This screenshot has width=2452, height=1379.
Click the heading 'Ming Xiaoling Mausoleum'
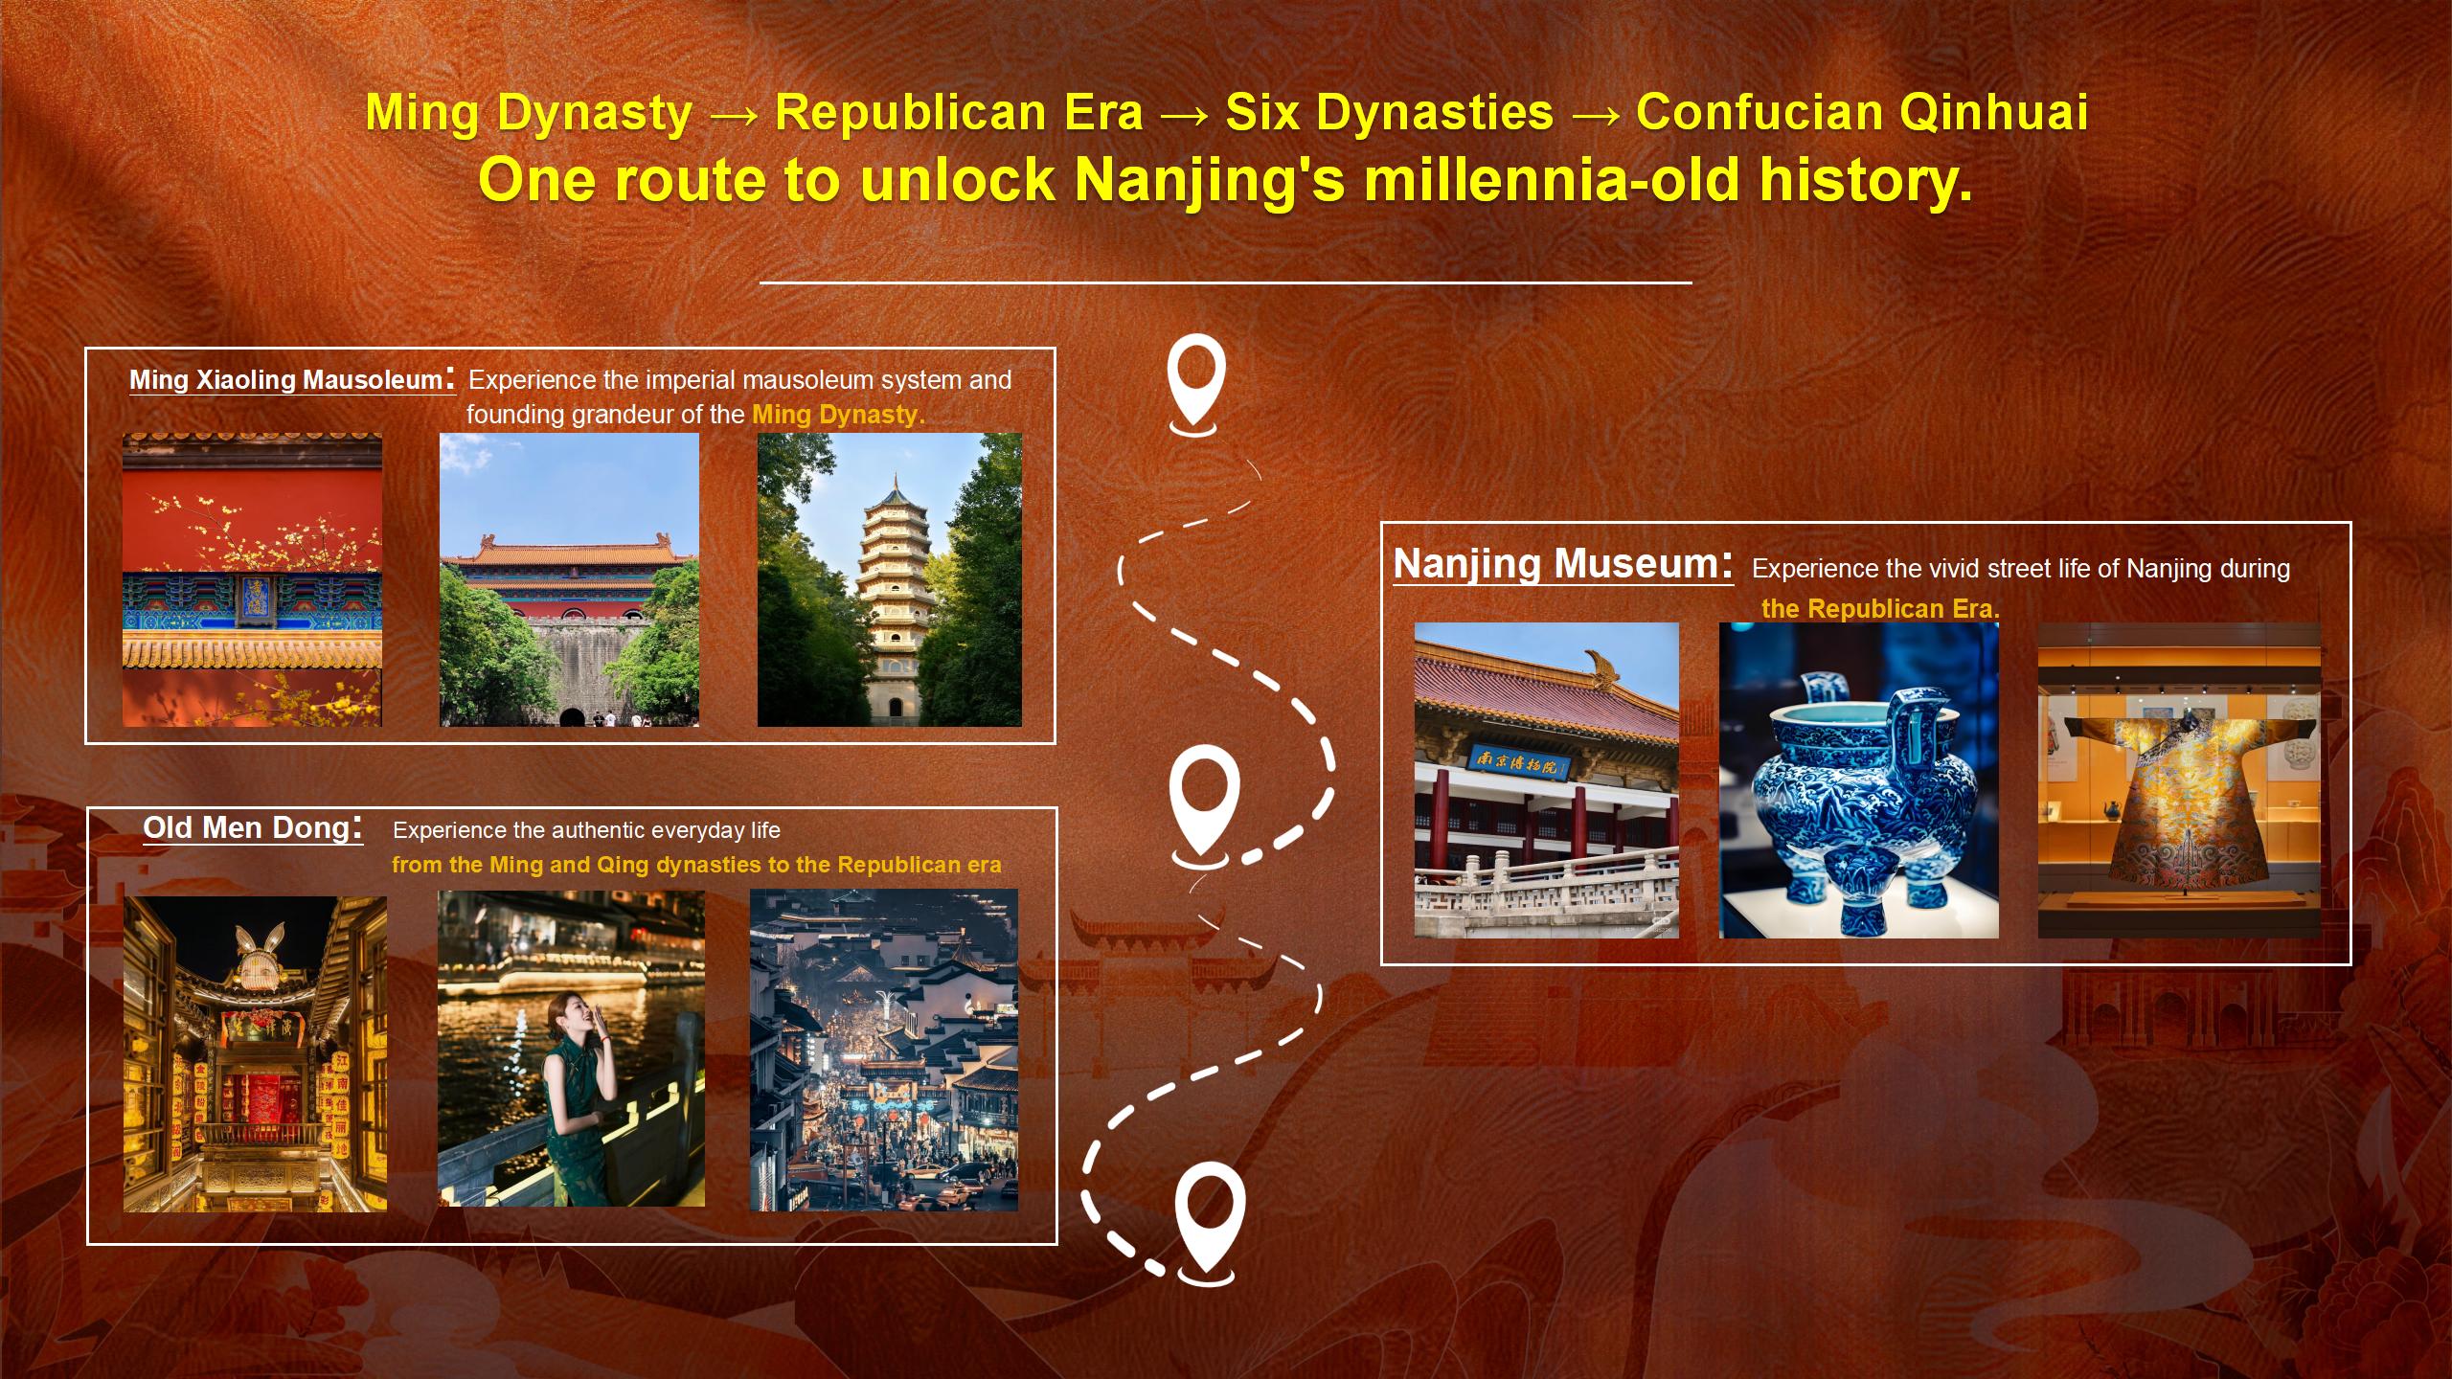coord(284,380)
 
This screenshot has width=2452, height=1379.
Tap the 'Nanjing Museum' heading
coord(1555,563)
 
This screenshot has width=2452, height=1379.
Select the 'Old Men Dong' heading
coord(246,827)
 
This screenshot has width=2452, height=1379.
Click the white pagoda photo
coord(890,579)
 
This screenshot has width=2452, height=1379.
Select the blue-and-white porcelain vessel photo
coord(1859,780)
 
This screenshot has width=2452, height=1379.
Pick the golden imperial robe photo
coord(2180,780)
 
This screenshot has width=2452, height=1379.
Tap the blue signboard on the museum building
coord(1521,763)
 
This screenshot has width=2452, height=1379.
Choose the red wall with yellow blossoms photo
coord(252,579)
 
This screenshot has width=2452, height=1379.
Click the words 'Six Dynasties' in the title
coord(1389,112)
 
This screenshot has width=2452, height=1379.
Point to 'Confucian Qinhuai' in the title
coord(1862,112)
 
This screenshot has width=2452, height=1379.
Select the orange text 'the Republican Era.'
coord(1880,608)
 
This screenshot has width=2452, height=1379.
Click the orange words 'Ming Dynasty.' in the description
coord(838,415)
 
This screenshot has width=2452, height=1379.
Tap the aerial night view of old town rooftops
coord(884,1050)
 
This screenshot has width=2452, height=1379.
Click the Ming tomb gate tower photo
coord(569,579)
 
